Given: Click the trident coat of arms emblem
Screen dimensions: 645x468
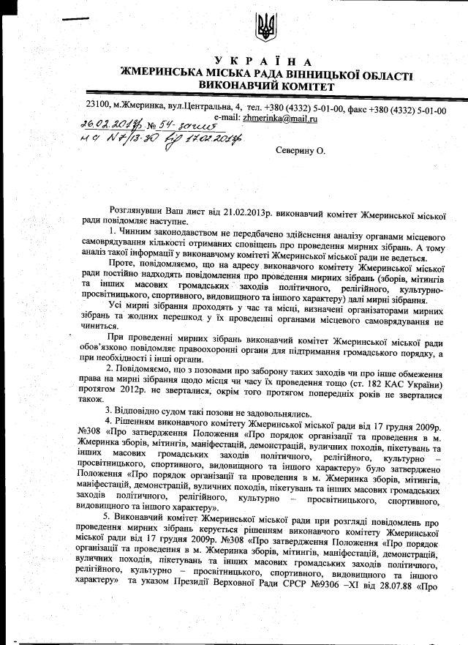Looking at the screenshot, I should tap(265, 29).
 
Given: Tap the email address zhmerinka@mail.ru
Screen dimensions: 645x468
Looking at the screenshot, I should tap(282, 118).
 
